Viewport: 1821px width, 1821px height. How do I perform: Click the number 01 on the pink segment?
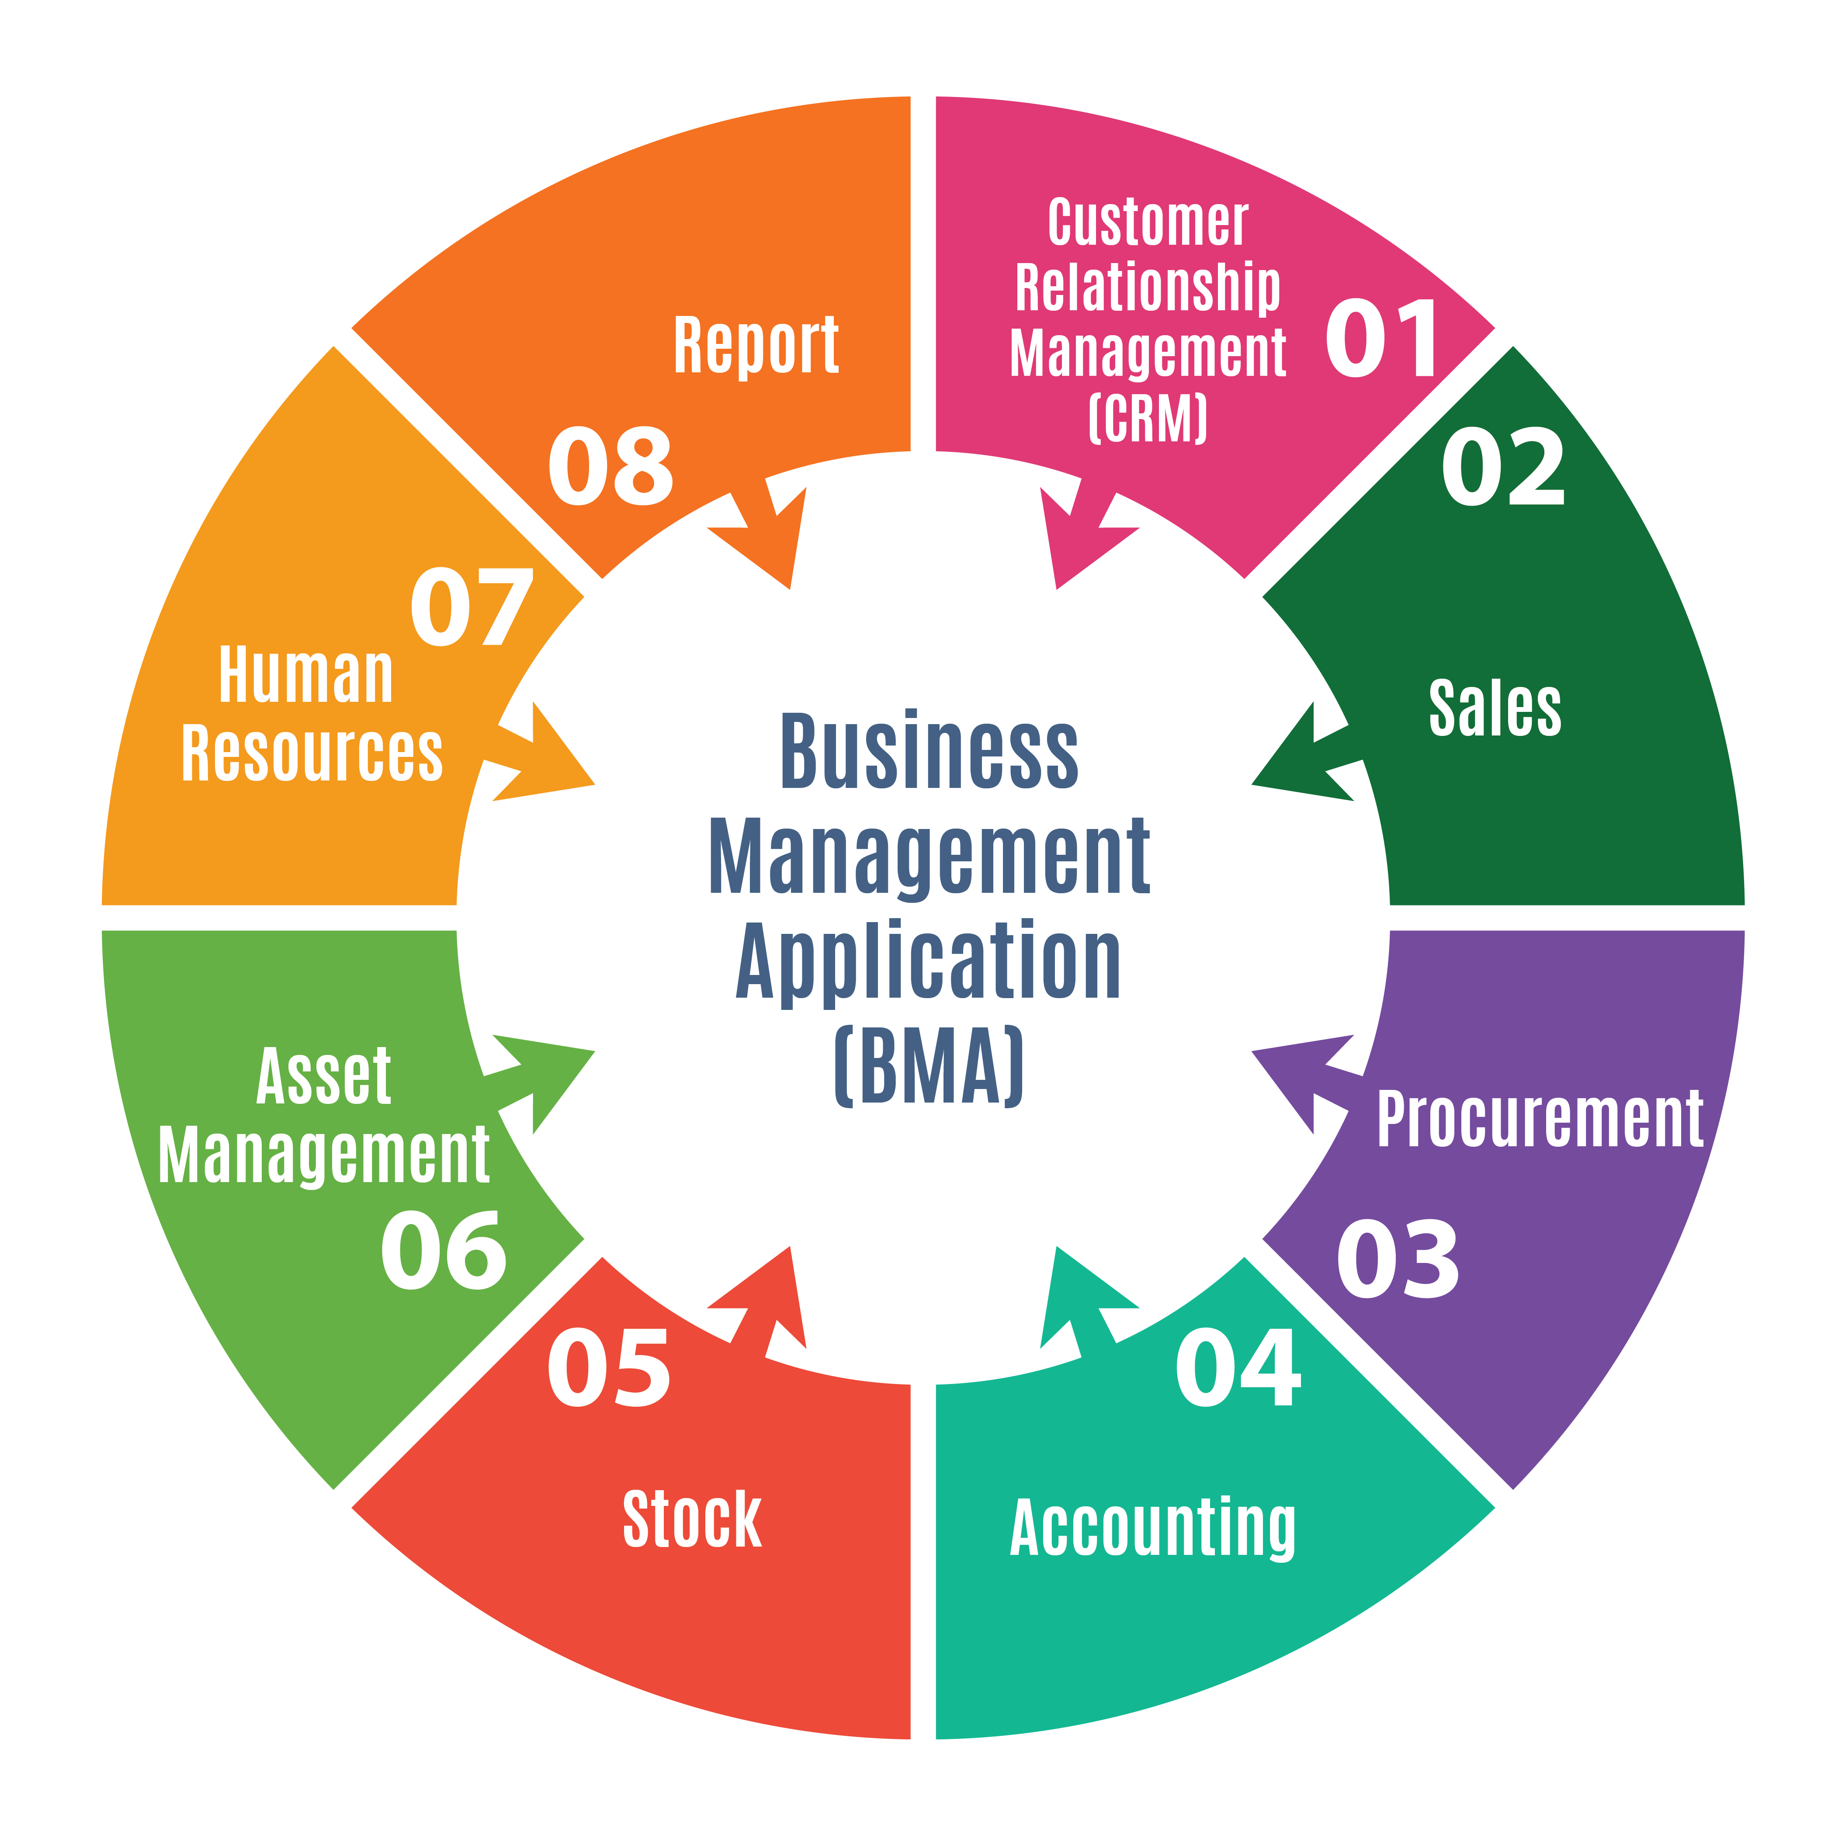(1383, 339)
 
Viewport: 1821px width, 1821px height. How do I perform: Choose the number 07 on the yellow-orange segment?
(471, 607)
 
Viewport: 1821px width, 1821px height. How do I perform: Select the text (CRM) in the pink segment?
(1148, 419)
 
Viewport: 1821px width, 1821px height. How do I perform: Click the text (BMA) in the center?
(930, 1067)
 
